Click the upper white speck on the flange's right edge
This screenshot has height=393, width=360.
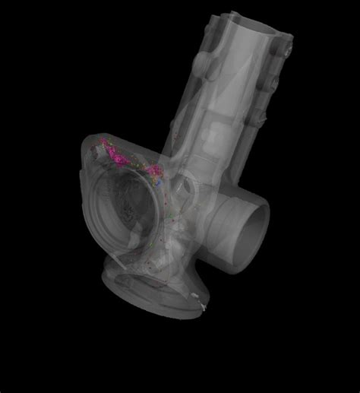196,294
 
